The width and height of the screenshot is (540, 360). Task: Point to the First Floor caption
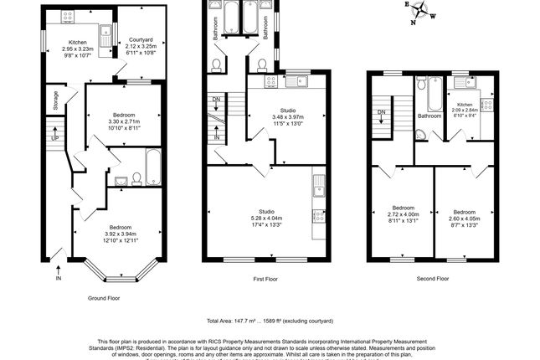266,279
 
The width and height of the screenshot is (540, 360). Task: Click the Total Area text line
270,321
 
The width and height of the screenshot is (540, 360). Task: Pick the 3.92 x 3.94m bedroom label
118,232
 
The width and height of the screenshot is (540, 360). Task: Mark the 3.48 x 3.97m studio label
288,115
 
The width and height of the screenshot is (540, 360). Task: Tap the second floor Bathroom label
429,116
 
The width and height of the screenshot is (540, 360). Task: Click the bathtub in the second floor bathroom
434,95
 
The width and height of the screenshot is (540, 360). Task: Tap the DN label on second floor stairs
381,111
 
